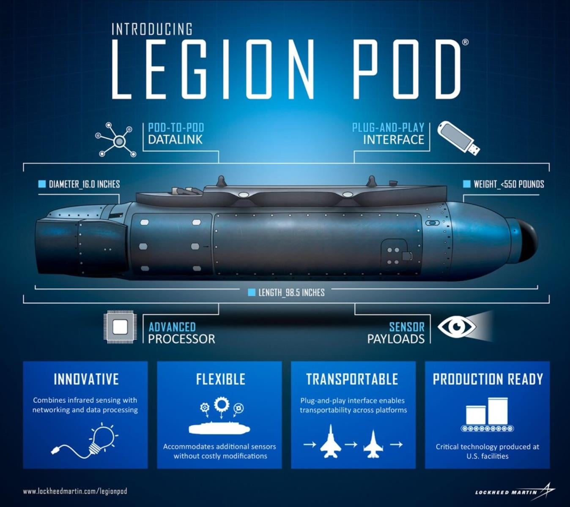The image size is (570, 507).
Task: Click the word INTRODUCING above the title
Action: click(x=152, y=29)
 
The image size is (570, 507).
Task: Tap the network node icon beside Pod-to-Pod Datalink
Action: click(x=116, y=139)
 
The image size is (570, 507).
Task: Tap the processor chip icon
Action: click(x=120, y=327)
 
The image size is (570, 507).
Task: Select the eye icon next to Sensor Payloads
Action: click(x=457, y=327)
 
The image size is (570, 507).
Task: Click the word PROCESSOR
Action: click(x=181, y=339)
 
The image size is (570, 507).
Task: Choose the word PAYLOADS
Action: click(x=396, y=339)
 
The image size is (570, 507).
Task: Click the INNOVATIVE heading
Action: click(x=86, y=379)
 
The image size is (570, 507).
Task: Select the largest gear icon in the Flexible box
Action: click(x=222, y=404)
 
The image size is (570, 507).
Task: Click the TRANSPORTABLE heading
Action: click(x=352, y=379)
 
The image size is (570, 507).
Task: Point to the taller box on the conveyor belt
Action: click(x=498, y=411)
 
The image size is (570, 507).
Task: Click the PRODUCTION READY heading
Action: click(x=488, y=379)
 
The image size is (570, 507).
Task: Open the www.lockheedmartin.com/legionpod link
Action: click(x=75, y=491)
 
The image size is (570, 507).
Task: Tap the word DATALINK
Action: click(x=175, y=140)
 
